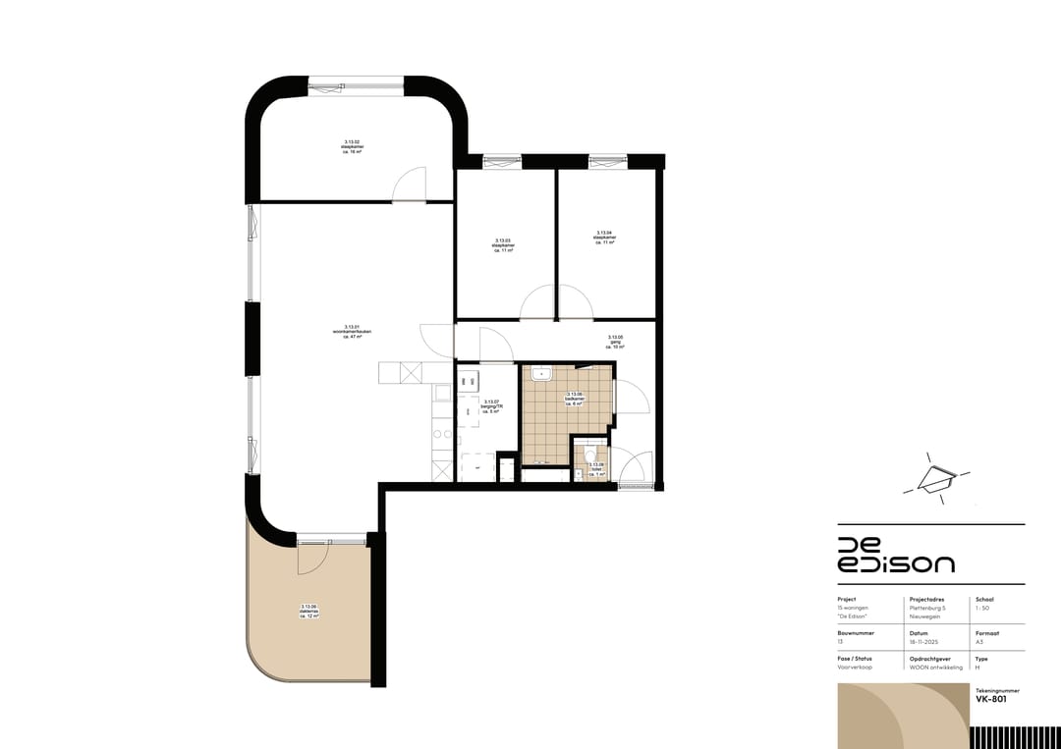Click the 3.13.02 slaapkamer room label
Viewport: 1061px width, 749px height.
click(352, 146)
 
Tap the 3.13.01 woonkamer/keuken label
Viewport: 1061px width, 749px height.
click(352, 331)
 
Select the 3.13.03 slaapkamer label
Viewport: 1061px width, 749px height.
click(502, 245)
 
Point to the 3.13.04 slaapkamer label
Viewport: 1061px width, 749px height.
click(604, 238)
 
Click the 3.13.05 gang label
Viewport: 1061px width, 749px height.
click(616, 343)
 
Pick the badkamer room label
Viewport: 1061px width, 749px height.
click(574, 399)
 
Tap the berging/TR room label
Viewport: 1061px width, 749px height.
click(491, 406)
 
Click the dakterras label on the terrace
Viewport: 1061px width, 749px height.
click(310, 611)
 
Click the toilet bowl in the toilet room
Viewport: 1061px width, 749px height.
click(586, 468)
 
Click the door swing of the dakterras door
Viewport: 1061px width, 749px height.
click(311, 559)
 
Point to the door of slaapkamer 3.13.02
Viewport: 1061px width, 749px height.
click(408, 186)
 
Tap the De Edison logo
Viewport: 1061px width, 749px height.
click(895, 555)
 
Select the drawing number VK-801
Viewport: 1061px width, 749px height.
click(992, 698)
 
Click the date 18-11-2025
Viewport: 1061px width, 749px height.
click(924, 642)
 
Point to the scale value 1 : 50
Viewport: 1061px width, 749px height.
click(983, 609)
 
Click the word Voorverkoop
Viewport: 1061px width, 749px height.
click(855, 668)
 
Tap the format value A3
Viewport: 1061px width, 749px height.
click(978, 642)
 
